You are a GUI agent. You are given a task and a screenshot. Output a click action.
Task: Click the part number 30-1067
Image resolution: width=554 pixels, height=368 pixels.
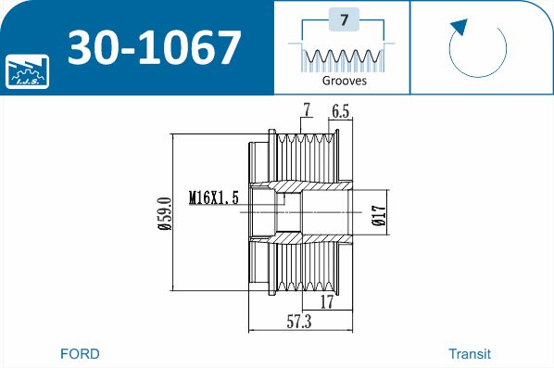click(x=155, y=47)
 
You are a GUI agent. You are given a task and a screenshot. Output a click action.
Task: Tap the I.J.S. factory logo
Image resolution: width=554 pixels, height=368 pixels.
click(x=27, y=71)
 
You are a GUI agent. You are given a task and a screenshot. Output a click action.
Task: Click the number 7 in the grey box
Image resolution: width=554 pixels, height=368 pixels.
click(x=344, y=19)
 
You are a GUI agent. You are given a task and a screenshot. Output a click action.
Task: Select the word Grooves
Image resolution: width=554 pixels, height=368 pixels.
click(x=344, y=81)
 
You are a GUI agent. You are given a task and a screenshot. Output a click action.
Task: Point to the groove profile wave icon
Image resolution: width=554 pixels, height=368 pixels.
click(x=343, y=57)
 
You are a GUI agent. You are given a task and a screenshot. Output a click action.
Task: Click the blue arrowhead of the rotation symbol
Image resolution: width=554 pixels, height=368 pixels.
click(x=460, y=27)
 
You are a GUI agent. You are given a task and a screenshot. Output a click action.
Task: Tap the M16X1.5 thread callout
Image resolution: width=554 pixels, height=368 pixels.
click(x=214, y=197)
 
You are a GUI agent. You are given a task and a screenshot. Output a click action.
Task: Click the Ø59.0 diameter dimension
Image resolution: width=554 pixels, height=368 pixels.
click(x=165, y=213)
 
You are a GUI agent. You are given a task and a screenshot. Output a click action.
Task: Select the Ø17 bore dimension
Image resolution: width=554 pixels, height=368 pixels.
click(x=378, y=215)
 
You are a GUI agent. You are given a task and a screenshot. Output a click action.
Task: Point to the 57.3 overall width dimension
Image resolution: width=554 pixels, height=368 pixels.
click(x=299, y=322)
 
